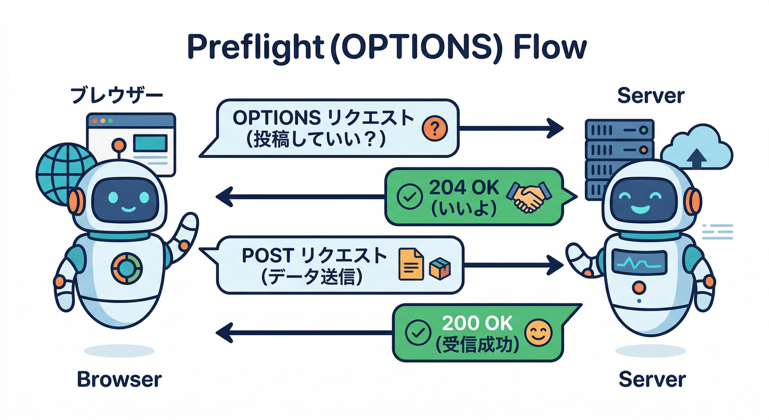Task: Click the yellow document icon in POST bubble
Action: pos(411,264)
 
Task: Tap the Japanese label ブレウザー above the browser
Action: pos(117,96)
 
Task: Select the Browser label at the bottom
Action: pos(119,379)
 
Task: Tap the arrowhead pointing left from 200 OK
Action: pos(224,331)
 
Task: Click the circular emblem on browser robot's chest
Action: pos(126,268)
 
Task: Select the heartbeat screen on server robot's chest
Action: pos(639,262)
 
